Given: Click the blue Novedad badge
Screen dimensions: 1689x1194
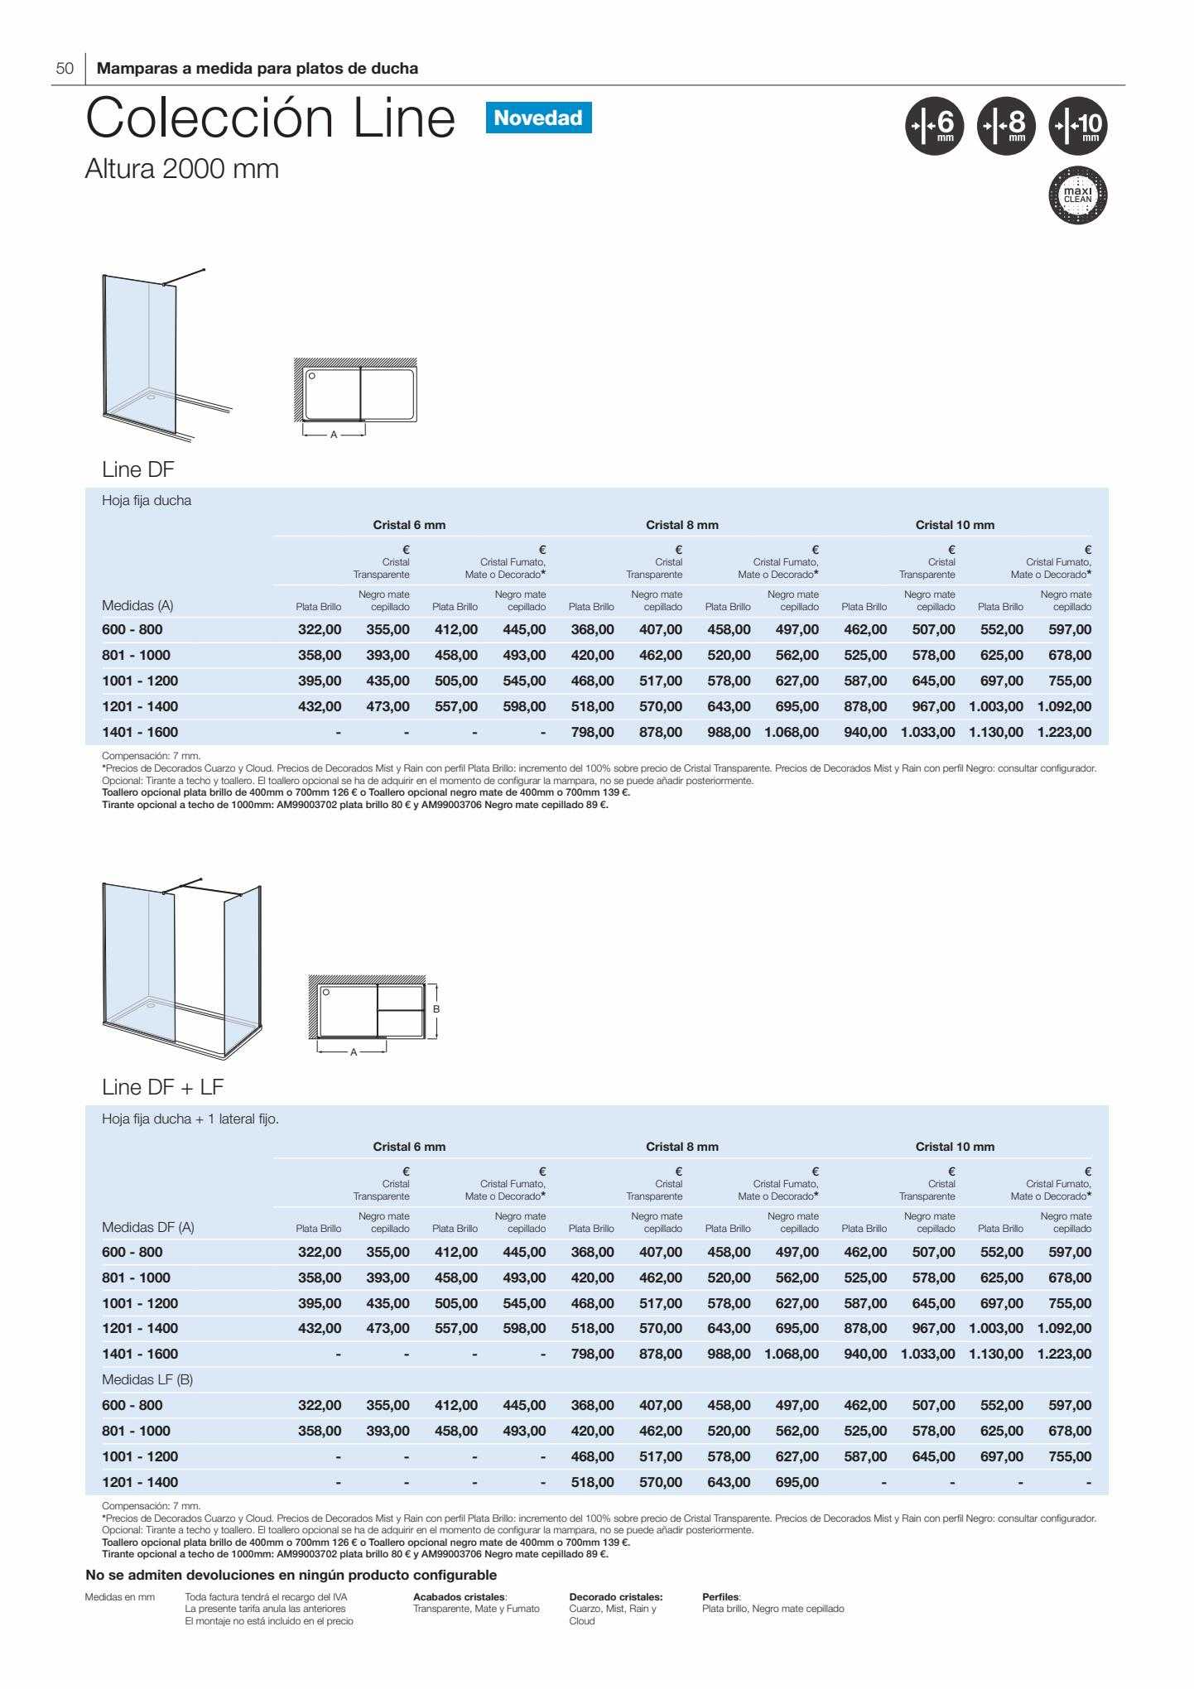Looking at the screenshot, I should click(x=538, y=118).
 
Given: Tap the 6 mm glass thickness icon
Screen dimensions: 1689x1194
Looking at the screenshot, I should click(x=934, y=128).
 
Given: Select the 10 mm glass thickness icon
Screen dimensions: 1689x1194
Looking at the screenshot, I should click(x=1077, y=128).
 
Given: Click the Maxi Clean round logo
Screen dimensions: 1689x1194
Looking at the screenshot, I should click(x=1077, y=196).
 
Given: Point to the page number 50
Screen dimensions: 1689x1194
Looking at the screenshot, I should click(x=65, y=69).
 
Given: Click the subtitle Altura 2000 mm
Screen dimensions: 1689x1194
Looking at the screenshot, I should click(x=182, y=169).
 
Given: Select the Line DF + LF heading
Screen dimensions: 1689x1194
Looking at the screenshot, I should click(x=163, y=1086).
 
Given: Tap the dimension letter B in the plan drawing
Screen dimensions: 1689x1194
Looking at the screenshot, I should click(x=436, y=1008).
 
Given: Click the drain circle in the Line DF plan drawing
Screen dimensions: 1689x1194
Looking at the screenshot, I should click(x=311, y=376).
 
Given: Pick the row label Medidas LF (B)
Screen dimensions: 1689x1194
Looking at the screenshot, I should click(x=147, y=1379).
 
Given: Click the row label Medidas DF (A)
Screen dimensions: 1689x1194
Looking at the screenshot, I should click(x=148, y=1227).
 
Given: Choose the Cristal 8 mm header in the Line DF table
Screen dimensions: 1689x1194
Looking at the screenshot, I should click(x=682, y=525).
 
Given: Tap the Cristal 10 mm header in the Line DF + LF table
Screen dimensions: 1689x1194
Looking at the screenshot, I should click(x=955, y=1147).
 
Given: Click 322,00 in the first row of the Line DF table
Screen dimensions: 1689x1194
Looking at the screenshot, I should click(x=320, y=630).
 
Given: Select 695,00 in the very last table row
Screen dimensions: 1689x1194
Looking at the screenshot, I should click(x=797, y=1482).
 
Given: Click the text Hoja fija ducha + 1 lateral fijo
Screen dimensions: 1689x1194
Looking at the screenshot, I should click(x=190, y=1119).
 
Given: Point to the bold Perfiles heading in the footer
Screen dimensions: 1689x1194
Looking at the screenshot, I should click(x=721, y=1596).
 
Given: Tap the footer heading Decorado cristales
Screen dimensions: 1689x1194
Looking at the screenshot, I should click(x=616, y=1596).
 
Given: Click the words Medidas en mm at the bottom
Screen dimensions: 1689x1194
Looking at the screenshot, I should click(x=120, y=1596).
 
